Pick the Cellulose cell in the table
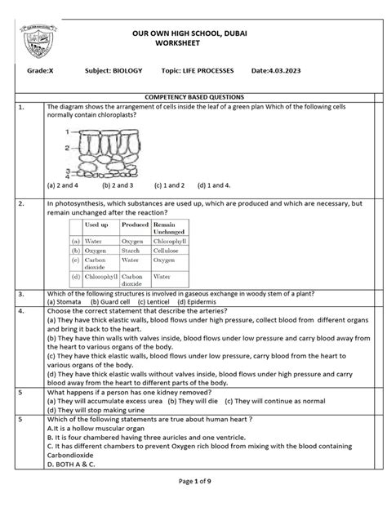pos(167,251)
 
